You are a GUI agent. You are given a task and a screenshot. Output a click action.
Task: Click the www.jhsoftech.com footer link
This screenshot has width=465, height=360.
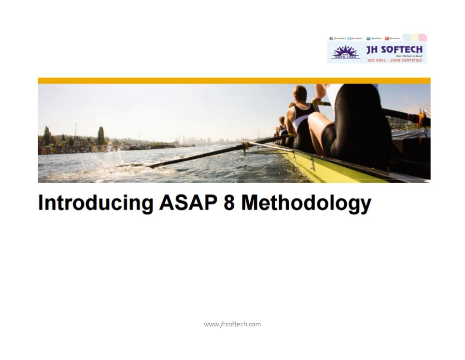[x=232, y=324]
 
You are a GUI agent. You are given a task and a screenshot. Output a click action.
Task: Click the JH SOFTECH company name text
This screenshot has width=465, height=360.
[x=394, y=49]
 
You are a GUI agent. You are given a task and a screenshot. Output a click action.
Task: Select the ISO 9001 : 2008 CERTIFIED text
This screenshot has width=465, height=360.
[x=394, y=60]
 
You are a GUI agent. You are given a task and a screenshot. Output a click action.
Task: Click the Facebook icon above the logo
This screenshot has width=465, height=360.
[x=331, y=39]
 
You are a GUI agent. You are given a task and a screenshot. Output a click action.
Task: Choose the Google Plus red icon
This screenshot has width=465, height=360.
[x=387, y=39]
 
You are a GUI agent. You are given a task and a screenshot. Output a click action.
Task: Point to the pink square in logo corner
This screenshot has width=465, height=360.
[x=422, y=37]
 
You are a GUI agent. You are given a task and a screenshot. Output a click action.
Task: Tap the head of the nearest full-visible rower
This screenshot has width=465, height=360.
[x=300, y=93]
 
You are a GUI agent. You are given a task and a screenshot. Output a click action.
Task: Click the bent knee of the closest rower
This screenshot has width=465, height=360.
[x=315, y=120]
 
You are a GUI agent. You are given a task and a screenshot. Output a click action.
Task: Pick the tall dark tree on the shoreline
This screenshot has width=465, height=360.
[x=101, y=135]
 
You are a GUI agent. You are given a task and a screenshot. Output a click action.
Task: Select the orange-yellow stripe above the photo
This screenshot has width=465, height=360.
[x=234, y=80]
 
